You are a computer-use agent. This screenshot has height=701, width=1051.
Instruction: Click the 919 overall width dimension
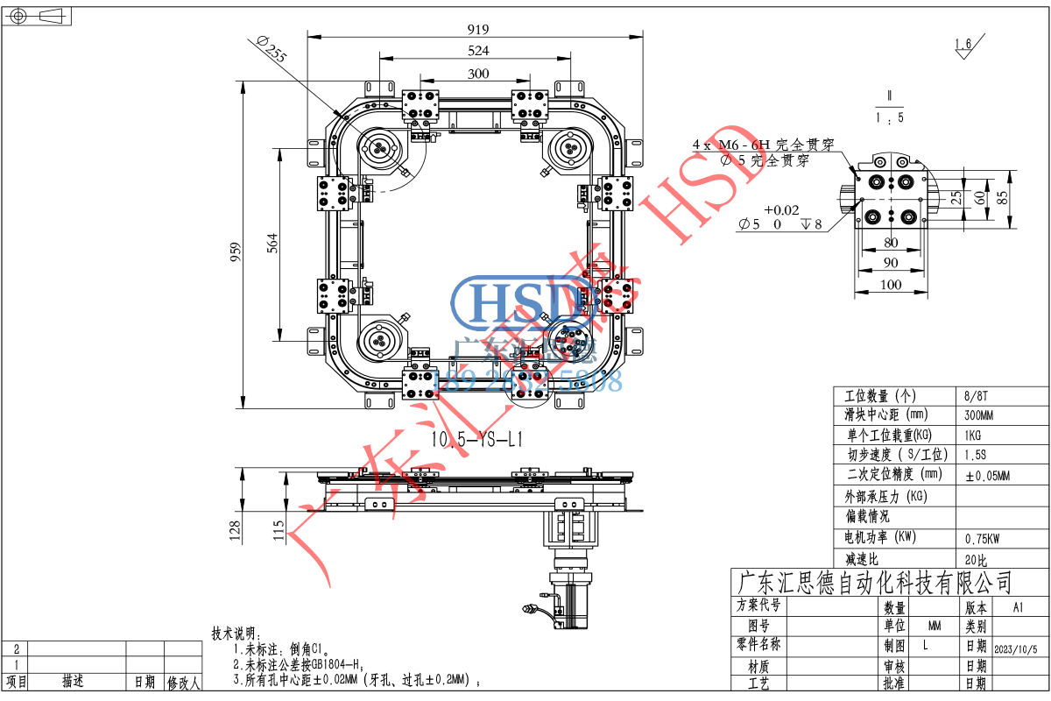(478, 27)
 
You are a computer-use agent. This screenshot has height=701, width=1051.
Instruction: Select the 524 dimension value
(478, 51)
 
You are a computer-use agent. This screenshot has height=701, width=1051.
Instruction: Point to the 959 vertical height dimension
(235, 252)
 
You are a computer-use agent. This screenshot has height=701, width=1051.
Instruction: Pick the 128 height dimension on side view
(235, 531)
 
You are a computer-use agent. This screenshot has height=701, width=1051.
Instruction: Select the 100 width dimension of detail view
(890, 284)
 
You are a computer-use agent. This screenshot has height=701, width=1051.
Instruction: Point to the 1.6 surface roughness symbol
(963, 45)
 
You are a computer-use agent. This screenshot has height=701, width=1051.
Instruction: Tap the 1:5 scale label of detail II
(890, 117)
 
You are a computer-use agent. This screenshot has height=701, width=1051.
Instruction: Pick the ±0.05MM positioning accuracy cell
(987, 476)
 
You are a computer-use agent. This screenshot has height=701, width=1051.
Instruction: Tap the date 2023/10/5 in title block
(1016, 649)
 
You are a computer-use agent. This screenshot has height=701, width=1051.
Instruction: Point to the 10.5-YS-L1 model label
(477, 440)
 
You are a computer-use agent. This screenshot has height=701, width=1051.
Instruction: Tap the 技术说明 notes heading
(234, 634)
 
